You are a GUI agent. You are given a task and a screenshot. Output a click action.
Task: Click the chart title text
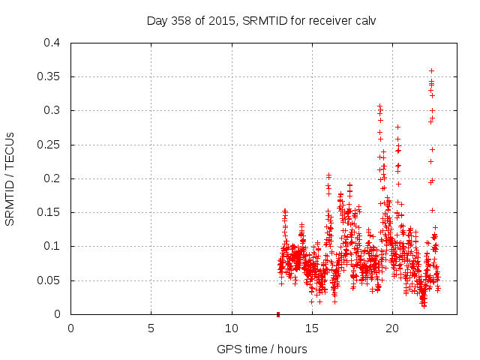(261, 20)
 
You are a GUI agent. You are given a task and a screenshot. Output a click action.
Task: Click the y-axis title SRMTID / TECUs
(10, 178)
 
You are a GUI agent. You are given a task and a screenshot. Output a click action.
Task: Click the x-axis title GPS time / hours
(262, 349)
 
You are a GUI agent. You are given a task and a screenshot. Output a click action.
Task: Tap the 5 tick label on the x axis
(151, 328)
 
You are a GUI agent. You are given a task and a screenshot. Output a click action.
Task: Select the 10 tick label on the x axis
(232, 328)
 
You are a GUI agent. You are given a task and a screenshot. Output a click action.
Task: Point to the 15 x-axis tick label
(312, 328)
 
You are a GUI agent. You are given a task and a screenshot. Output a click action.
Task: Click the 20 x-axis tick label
(392, 328)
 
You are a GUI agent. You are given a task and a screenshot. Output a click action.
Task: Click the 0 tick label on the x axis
(71, 328)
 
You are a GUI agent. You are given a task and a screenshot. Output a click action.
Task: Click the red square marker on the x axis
(278, 313)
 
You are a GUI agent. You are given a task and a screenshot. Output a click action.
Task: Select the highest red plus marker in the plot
(431, 71)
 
